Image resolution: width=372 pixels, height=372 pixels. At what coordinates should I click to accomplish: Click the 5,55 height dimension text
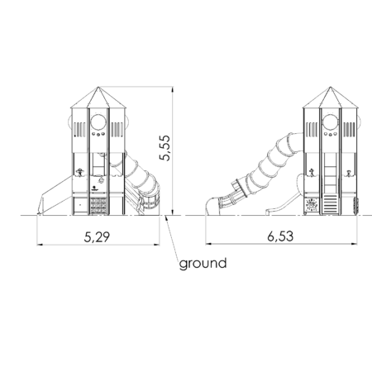click(x=165, y=148)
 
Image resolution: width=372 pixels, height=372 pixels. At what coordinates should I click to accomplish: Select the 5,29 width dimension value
click(x=97, y=237)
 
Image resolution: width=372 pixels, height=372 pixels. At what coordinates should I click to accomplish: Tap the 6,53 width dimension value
click(x=280, y=236)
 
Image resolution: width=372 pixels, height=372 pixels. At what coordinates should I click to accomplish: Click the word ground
click(x=203, y=264)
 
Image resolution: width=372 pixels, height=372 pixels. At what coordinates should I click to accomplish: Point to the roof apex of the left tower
click(x=98, y=87)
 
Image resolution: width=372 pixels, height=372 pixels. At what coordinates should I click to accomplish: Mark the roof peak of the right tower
click(x=331, y=87)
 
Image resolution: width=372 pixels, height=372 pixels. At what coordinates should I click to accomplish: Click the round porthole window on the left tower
click(x=98, y=122)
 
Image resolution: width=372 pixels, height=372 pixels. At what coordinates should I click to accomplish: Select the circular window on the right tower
click(x=331, y=122)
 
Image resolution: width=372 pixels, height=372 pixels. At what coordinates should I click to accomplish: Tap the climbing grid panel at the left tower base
click(x=98, y=206)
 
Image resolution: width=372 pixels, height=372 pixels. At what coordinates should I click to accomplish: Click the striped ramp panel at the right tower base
click(x=330, y=204)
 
